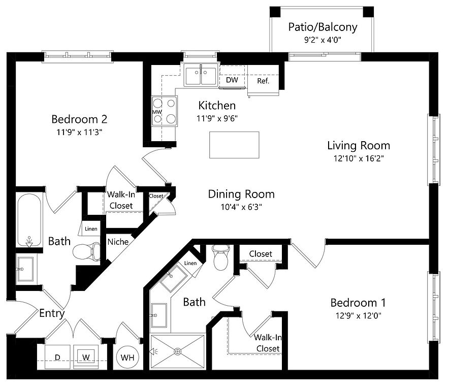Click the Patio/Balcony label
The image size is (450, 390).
[323, 27]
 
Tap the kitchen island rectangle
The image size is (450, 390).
[234, 145]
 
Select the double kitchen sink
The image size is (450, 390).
[201, 76]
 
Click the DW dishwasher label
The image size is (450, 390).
[232, 80]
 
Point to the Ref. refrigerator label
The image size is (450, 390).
[263, 81]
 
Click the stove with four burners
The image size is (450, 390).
[165, 111]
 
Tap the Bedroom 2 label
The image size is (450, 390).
[79, 120]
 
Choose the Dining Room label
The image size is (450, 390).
[241, 194]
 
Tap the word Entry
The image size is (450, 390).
[52, 313]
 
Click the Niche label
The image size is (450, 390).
[118, 242]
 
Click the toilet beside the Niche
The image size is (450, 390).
[87, 251]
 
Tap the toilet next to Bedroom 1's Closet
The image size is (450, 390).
[221, 258]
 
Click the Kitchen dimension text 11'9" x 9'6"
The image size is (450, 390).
[217, 118]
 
